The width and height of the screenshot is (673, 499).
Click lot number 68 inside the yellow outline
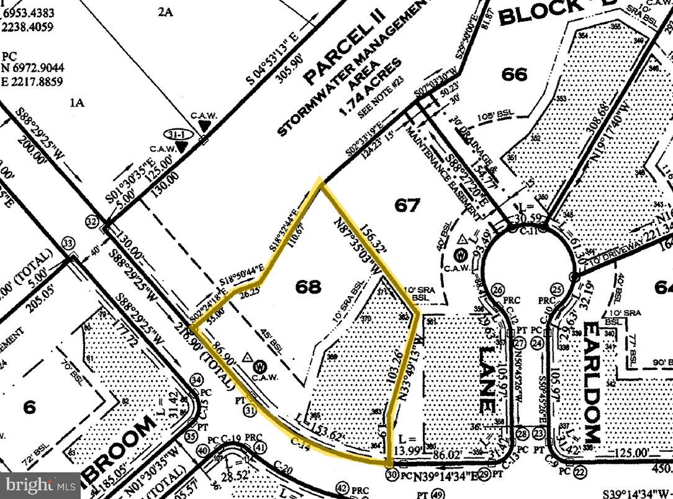(309, 287)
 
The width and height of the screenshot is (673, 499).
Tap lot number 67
(407, 205)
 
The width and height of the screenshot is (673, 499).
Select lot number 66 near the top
(515, 75)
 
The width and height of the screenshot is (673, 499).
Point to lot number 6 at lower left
(29, 408)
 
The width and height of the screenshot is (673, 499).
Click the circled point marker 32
(93, 222)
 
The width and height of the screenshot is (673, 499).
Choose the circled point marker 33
(68, 243)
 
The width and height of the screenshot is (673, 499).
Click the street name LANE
(487, 382)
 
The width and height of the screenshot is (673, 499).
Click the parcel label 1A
(77, 103)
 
